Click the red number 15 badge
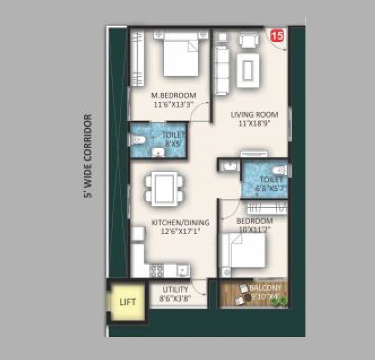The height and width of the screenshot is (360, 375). (x=277, y=36)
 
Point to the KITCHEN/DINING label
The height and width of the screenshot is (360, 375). (x=180, y=223)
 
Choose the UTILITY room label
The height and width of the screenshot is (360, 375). (x=175, y=289)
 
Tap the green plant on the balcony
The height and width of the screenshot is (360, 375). (x=284, y=300)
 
